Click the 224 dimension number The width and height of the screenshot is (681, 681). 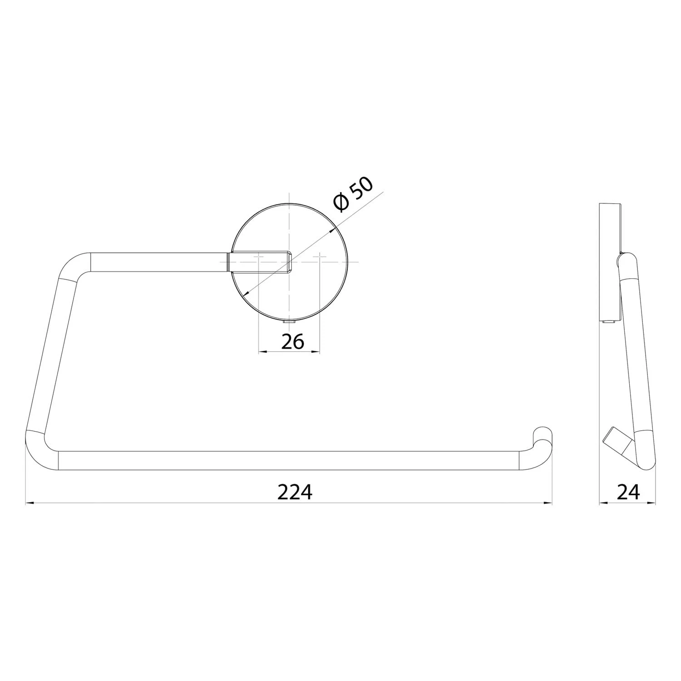click(295, 491)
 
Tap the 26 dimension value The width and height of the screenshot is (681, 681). click(292, 341)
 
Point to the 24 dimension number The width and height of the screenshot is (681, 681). click(628, 491)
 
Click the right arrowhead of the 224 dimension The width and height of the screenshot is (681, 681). click(548, 503)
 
